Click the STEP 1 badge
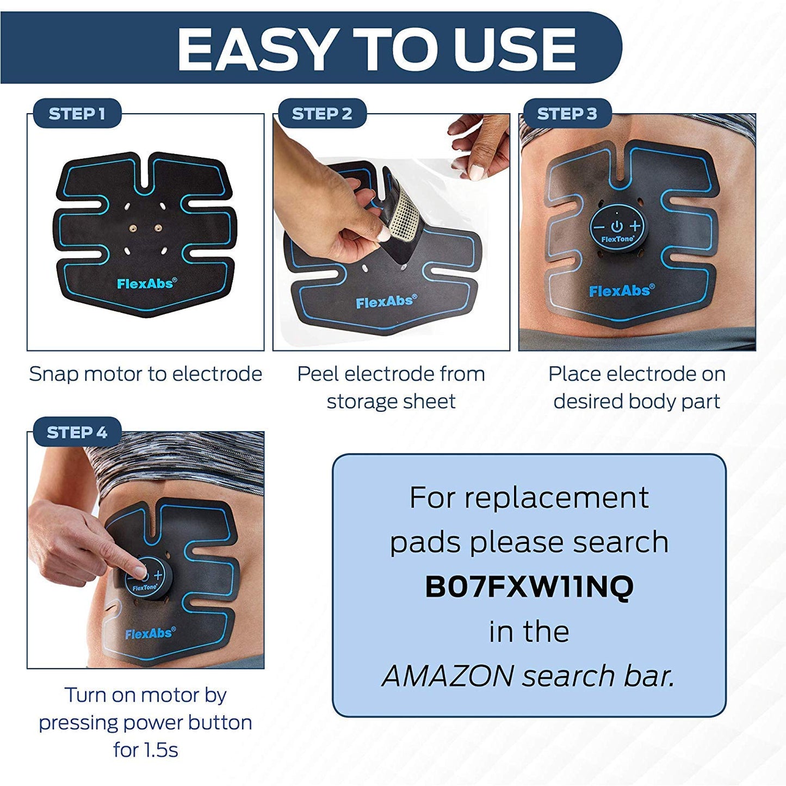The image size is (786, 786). coord(77,114)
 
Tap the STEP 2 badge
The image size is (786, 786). coord(322,114)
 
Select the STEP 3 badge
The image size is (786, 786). coord(567,114)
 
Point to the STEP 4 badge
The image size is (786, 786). coord(77,432)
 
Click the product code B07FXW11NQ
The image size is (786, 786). coord(529,587)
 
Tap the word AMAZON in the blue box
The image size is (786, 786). coord(448,676)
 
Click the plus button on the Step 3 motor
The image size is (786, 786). coord(635,226)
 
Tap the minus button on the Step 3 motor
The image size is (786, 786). coord(599,227)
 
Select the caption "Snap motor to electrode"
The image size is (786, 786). coord(145,374)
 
